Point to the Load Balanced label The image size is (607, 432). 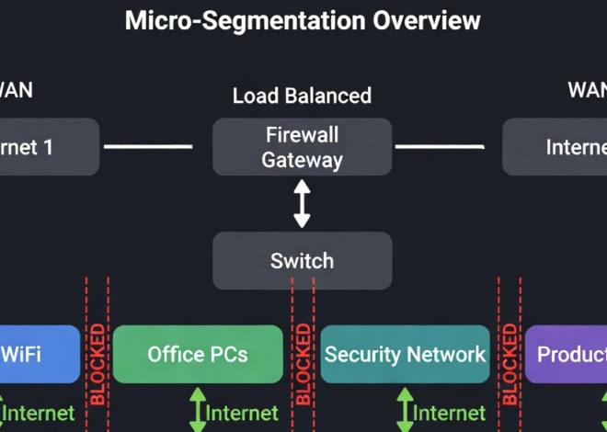(302, 96)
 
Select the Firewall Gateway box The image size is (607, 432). (302, 147)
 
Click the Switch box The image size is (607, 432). (302, 260)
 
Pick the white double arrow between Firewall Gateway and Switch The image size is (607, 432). (302, 203)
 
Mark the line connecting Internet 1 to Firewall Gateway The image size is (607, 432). (147, 146)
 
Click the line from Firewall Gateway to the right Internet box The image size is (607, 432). (439, 146)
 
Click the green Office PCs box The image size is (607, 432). (198, 354)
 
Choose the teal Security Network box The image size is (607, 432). (405, 354)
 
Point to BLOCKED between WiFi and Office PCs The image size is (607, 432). (97, 364)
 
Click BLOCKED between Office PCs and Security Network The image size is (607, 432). (303, 364)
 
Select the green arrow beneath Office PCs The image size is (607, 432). (197, 410)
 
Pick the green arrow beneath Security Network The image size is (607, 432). (404, 410)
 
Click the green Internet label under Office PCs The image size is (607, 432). (242, 414)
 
